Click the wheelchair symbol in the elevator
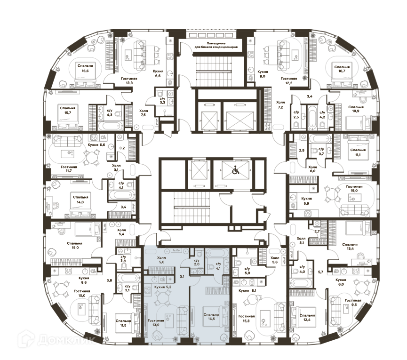pos(235,170)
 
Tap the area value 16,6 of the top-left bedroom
pos(85,71)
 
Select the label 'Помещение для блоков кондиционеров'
pos(216,45)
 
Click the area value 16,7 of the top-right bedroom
pos(342,72)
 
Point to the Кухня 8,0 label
pos(263,74)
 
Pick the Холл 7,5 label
pos(144,112)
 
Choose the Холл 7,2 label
pos(280,104)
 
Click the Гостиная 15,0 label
pos(354,188)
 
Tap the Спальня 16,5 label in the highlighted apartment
pos(211,317)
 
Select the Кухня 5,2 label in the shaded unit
pos(163,287)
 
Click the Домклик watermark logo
pos(56,339)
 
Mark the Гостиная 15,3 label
pos(247,319)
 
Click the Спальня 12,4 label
pos(307,318)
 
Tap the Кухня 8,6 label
pos(84,280)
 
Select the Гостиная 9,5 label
pos(353,303)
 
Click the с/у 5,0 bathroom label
pos(247,271)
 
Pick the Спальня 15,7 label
pos(67,110)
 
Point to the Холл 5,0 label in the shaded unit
pos(161,260)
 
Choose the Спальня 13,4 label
pos(350,247)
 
